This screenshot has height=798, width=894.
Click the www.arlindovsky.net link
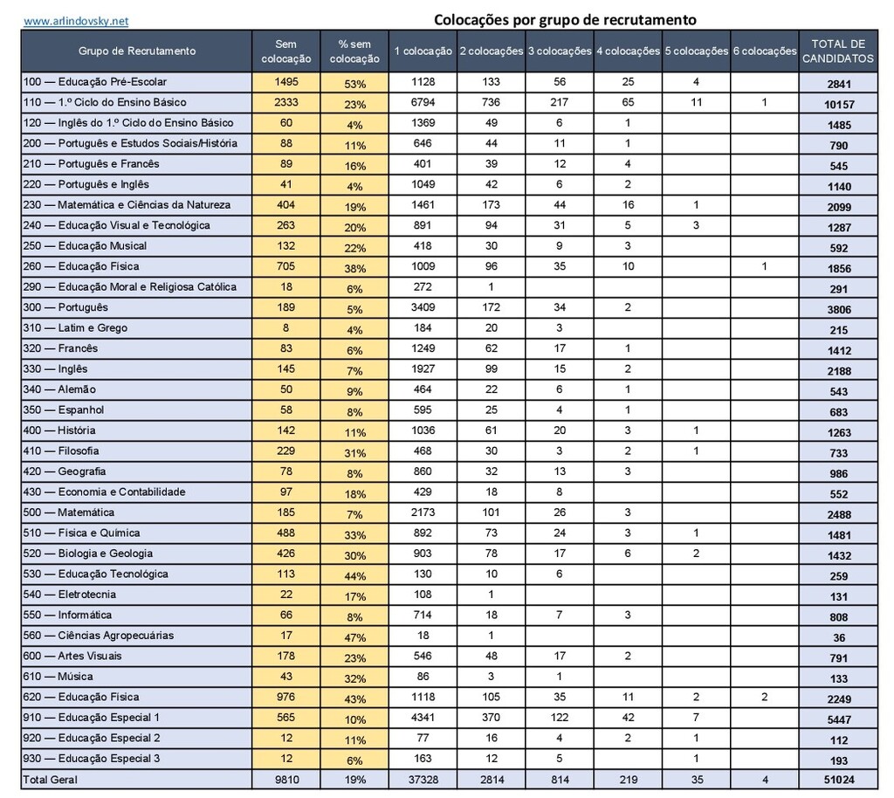point(76,20)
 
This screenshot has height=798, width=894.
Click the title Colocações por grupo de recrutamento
point(565,19)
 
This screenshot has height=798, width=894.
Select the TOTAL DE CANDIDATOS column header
point(838,52)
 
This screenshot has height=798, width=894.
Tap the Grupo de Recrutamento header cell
point(137,51)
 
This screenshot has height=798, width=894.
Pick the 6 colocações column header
point(764,51)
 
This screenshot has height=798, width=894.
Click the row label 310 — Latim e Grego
point(75,328)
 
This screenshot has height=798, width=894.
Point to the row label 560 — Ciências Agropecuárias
point(99,636)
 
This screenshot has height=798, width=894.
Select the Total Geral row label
point(51,780)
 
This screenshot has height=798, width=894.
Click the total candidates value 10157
point(839,104)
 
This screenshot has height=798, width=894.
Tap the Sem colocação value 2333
point(285,102)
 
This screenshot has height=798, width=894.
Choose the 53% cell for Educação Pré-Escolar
point(354,84)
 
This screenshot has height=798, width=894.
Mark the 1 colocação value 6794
point(423,102)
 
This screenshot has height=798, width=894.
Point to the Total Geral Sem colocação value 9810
point(285,780)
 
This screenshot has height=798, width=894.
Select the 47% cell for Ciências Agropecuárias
point(354,637)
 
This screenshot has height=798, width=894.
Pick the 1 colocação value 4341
point(423,718)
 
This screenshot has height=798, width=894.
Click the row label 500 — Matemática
point(69,513)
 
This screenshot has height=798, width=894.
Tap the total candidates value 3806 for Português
point(839,309)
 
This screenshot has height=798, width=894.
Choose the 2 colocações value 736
point(491,102)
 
